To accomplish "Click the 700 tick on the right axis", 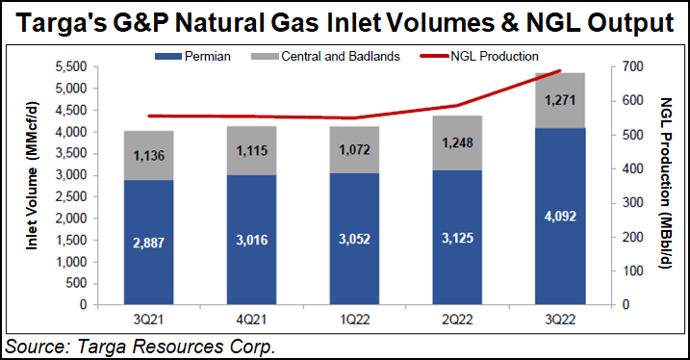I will click(626, 66).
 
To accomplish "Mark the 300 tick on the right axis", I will click(626, 202).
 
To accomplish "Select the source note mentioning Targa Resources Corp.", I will click(141, 345).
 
